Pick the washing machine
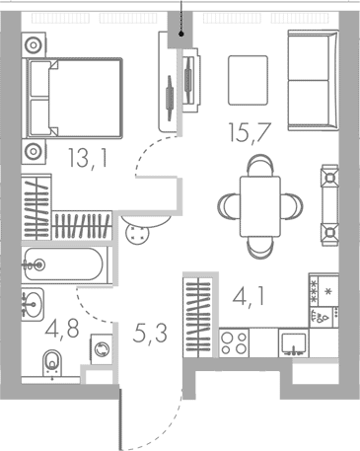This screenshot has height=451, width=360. click(x=101, y=347)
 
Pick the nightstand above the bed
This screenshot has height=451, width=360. click(x=36, y=44)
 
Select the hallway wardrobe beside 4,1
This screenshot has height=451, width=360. click(x=198, y=306)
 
